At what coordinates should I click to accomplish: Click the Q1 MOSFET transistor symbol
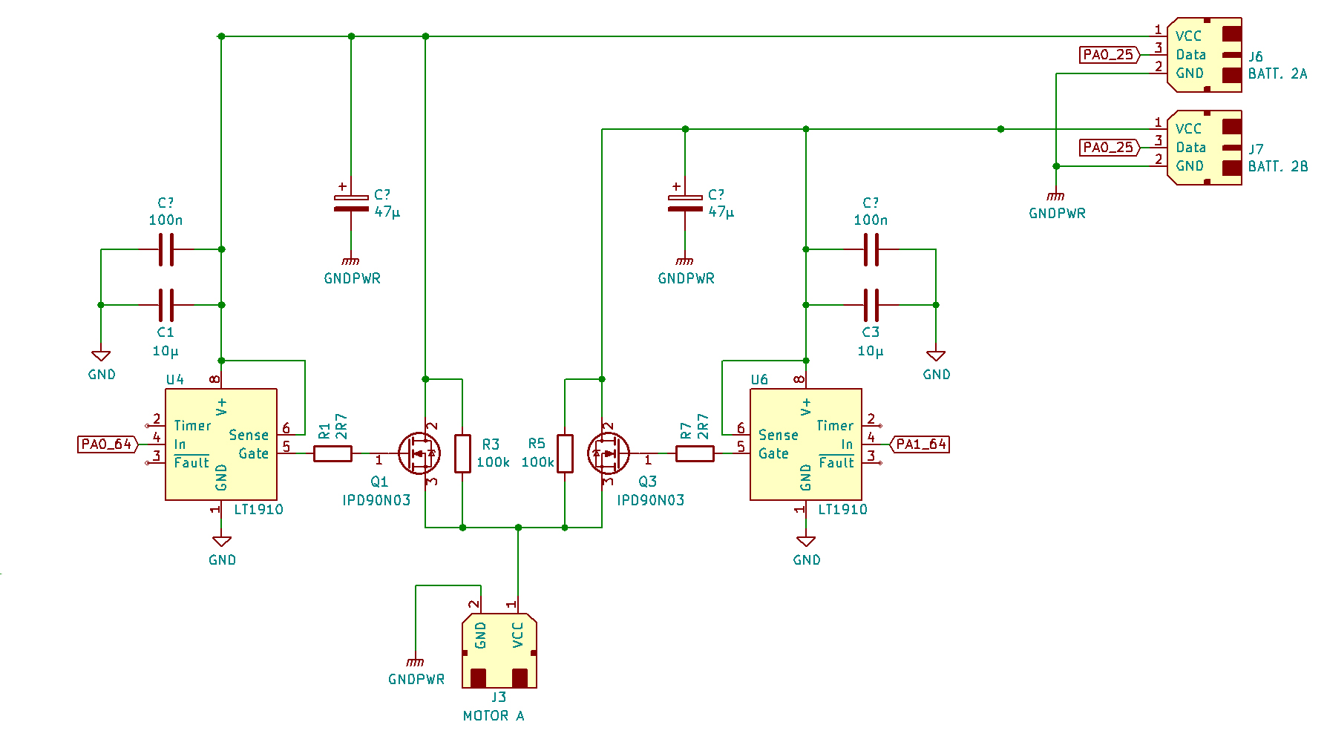[419, 453]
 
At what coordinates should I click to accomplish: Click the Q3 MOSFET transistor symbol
[608, 453]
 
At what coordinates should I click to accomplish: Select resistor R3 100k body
[462, 453]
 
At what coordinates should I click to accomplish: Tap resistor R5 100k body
[565, 453]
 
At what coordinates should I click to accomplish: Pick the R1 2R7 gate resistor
[332, 453]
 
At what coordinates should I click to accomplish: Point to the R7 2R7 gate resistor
[695, 453]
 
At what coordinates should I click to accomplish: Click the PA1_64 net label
[920, 444]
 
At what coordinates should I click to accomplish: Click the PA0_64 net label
[108, 444]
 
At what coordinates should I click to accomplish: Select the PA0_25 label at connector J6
[1108, 55]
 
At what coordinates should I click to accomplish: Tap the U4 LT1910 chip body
[221, 444]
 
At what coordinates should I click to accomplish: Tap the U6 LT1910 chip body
[805, 444]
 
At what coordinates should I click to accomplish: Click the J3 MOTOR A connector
[499, 651]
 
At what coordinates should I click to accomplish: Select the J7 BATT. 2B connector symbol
[1204, 148]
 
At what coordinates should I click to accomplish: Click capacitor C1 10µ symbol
[166, 305]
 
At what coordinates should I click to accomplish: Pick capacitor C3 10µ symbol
[871, 305]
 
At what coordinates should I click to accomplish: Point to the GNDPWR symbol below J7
[1056, 197]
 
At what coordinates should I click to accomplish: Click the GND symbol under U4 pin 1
[221, 542]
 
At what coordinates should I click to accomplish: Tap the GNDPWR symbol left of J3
[416, 662]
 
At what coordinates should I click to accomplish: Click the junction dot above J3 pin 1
[518, 528]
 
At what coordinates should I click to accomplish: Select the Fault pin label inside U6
[836, 463]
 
